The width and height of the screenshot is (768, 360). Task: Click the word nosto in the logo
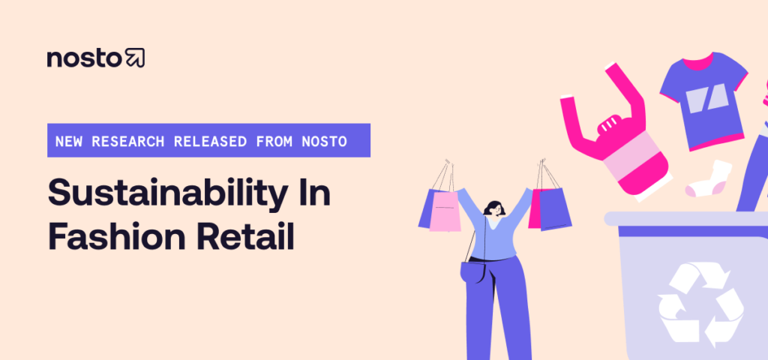click(x=84, y=58)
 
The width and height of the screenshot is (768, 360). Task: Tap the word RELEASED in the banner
click(x=203, y=140)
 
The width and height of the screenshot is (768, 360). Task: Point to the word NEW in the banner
click(x=69, y=140)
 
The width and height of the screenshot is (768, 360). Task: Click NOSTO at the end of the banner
click(x=327, y=140)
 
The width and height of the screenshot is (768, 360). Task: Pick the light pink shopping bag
click(x=445, y=210)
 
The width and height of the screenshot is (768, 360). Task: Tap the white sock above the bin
click(x=708, y=179)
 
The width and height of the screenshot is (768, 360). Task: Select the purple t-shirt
click(x=703, y=97)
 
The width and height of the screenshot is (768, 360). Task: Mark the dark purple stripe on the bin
click(x=682, y=230)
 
